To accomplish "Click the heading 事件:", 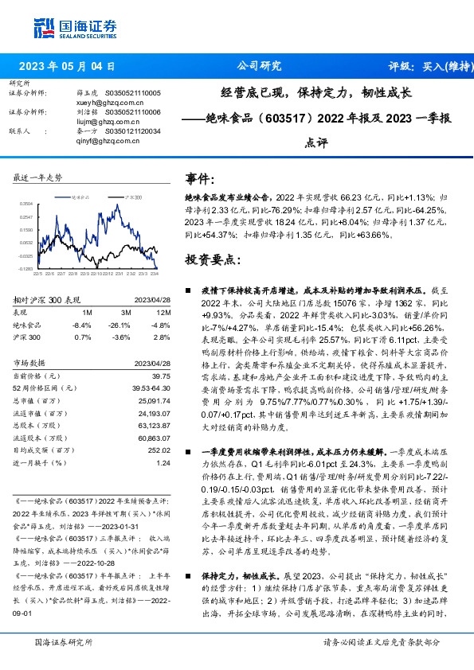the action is [x=199, y=179].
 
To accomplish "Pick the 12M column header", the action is [x=163, y=312].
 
